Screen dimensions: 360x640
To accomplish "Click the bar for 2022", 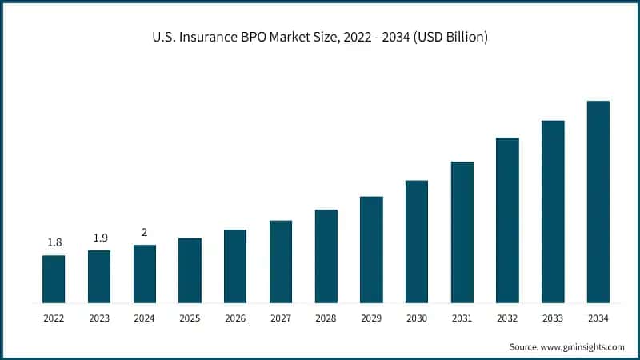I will point(54,279).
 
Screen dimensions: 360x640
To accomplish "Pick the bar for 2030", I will point(417,242).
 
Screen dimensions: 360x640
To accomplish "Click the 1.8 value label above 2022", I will point(54,242).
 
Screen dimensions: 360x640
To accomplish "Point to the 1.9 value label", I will point(99,238).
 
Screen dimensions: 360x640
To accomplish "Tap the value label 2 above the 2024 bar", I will point(145,232).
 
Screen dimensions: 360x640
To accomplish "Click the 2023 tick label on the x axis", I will point(99,318).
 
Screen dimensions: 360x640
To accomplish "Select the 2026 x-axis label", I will point(235,318).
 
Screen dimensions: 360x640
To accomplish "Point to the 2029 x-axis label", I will point(371,318).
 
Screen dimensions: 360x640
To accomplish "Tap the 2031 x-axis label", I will point(462,318).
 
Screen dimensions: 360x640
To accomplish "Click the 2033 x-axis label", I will point(553,318).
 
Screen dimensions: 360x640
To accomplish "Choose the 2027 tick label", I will point(281,318).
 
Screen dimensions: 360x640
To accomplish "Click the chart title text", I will point(320,36).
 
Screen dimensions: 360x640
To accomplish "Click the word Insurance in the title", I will point(221,36).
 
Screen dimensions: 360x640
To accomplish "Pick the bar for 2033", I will point(553,211).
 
